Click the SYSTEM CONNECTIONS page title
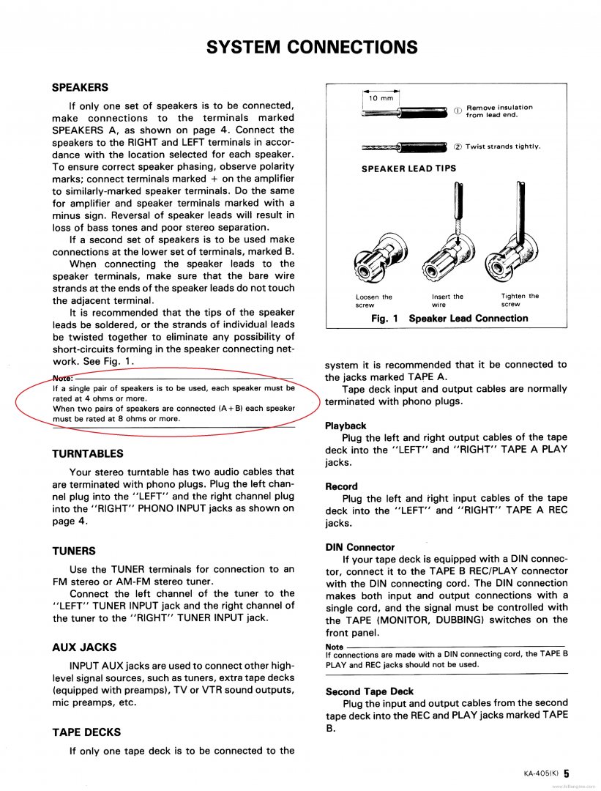tap(312, 48)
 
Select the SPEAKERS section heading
tap(80, 87)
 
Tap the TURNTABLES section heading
tap(88, 453)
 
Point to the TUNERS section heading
tap(74, 551)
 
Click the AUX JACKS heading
tap(84, 647)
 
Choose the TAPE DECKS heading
tap(86, 732)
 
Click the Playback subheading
tap(346, 426)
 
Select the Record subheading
tap(341, 486)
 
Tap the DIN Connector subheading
tap(359, 547)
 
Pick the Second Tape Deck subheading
tap(369, 691)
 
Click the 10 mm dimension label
tap(380, 97)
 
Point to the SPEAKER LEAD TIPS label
tap(408, 168)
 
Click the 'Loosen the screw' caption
tap(373, 300)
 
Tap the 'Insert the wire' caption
tap(447, 300)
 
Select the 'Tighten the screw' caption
tap(519, 300)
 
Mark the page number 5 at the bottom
tap(567, 772)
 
